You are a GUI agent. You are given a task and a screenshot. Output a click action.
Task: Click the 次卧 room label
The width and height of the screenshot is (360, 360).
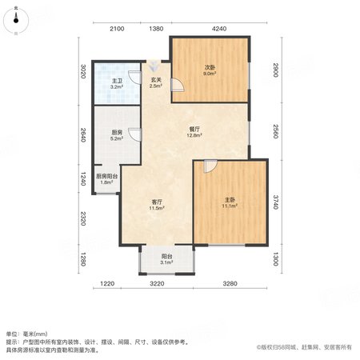coord(210,68)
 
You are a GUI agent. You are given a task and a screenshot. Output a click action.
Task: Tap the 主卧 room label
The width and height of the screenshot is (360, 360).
coord(230,200)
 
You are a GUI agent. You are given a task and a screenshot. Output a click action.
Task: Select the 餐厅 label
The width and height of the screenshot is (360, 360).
coord(194,130)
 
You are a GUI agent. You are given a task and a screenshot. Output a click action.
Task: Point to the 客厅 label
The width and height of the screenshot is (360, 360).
coord(157,202)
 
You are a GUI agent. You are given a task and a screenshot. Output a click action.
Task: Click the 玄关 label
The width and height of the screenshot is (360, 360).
coord(156,80)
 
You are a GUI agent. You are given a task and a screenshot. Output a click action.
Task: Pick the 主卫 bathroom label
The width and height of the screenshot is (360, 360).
coord(117,81)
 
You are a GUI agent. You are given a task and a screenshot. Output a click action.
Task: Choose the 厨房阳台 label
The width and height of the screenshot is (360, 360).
coord(106,176)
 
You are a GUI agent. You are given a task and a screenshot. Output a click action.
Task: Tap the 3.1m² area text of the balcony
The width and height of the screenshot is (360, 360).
coord(166,262)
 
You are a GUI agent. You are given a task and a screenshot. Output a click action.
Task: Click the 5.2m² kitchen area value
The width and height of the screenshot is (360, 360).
coord(117,138)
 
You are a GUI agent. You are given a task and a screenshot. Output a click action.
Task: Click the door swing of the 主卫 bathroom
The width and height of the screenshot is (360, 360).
coord(134,78)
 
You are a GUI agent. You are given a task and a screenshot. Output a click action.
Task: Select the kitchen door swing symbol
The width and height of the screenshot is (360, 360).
coord(134,134)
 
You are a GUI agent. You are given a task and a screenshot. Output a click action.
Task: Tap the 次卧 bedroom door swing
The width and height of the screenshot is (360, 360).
coord(177,85)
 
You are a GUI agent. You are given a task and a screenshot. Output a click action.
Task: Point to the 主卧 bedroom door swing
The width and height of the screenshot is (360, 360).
coord(210,166)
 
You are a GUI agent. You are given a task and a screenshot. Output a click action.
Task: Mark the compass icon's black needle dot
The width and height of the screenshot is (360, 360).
coord(16,20)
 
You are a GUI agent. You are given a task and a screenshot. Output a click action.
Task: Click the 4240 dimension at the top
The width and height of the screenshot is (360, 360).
coord(219,29)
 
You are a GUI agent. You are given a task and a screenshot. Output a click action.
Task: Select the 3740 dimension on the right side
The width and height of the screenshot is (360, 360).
coord(276,202)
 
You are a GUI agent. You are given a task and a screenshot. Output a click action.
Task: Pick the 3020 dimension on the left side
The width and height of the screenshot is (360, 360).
coord(83,71)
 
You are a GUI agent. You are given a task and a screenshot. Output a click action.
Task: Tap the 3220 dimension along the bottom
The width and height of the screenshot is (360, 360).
coord(157,283)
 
